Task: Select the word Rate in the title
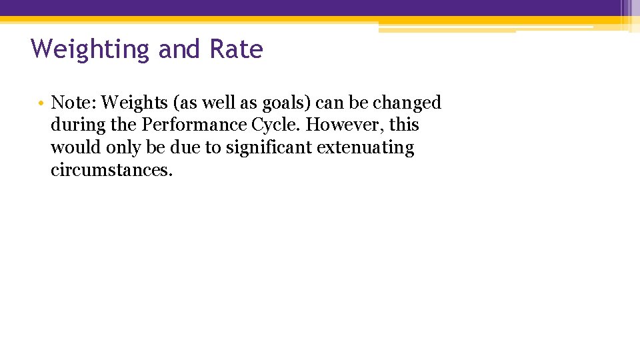coord(236,49)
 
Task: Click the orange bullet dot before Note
coord(41,104)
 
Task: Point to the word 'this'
coord(404,125)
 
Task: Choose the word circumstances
coord(111,169)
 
